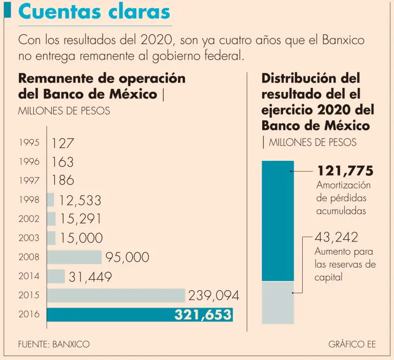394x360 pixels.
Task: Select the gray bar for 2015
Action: point(116,295)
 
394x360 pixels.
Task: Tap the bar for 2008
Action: point(74,257)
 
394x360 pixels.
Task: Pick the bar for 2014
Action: point(56,276)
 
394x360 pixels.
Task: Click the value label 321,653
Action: point(203,315)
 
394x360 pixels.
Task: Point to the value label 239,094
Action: point(213,296)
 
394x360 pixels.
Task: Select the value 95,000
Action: point(127,257)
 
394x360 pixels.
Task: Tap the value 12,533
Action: point(80,200)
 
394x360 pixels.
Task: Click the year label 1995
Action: point(29,143)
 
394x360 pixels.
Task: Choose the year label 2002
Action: point(29,219)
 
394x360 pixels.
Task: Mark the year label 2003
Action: point(29,238)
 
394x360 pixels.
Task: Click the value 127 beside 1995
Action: point(63,143)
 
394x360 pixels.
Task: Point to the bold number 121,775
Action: point(345,170)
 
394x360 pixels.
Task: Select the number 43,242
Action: point(337,237)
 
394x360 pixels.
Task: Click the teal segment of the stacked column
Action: point(278,221)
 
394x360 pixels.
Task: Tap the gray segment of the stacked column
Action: point(278,302)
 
